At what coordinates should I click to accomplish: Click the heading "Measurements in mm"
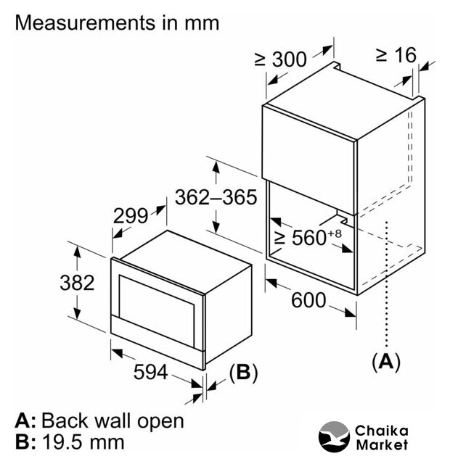(x=117, y=22)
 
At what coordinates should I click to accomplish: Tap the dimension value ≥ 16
(x=396, y=55)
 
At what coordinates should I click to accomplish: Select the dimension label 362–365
(x=216, y=197)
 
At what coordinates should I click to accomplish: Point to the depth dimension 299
(x=131, y=216)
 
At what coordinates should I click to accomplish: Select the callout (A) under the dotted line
(x=386, y=360)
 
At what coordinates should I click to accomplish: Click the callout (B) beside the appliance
(x=243, y=373)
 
